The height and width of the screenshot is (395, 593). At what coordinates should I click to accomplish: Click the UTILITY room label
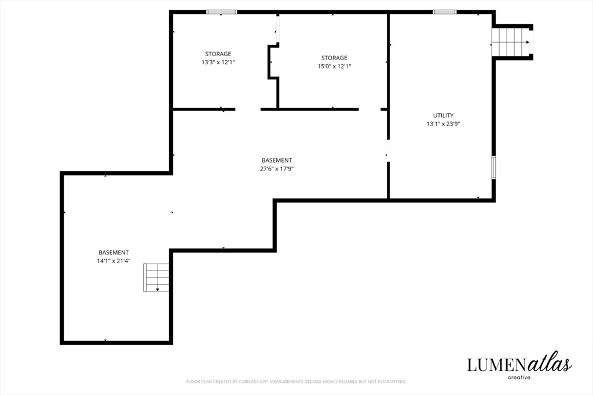pos(443,115)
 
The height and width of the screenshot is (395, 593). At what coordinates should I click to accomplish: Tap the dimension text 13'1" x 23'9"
pos(443,124)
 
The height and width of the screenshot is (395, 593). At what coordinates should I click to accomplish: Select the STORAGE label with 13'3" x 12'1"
pos(218,54)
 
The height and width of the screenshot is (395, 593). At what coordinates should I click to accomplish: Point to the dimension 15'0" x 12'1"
pos(334,66)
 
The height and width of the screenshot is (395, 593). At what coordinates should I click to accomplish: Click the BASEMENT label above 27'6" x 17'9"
pos(276,160)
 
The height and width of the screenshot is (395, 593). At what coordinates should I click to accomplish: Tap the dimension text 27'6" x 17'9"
pos(276,169)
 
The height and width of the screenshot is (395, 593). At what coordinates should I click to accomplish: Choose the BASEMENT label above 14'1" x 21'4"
pos(114,252)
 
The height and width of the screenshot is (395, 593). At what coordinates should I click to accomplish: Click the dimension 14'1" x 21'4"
pos(114,261)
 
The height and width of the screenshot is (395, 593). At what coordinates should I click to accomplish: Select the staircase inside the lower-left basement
pos(156,278)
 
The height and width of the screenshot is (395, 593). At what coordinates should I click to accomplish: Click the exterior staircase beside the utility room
pos(512,42)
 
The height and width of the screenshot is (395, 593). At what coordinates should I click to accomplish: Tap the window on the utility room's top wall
pos(444,12)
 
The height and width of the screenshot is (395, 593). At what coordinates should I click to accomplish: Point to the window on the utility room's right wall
pos(493,167)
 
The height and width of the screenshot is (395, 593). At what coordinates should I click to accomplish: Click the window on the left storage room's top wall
pos(222,12)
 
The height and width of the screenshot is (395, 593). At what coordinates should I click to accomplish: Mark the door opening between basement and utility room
pos(388,151)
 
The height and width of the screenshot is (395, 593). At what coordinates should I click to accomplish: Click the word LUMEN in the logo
pos(496,365)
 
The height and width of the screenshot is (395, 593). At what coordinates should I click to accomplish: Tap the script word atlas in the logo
pos(549,362)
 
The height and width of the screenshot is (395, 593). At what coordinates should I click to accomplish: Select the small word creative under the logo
pos(519,377)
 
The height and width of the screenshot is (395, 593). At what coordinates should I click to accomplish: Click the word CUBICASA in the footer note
pos(248,381)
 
